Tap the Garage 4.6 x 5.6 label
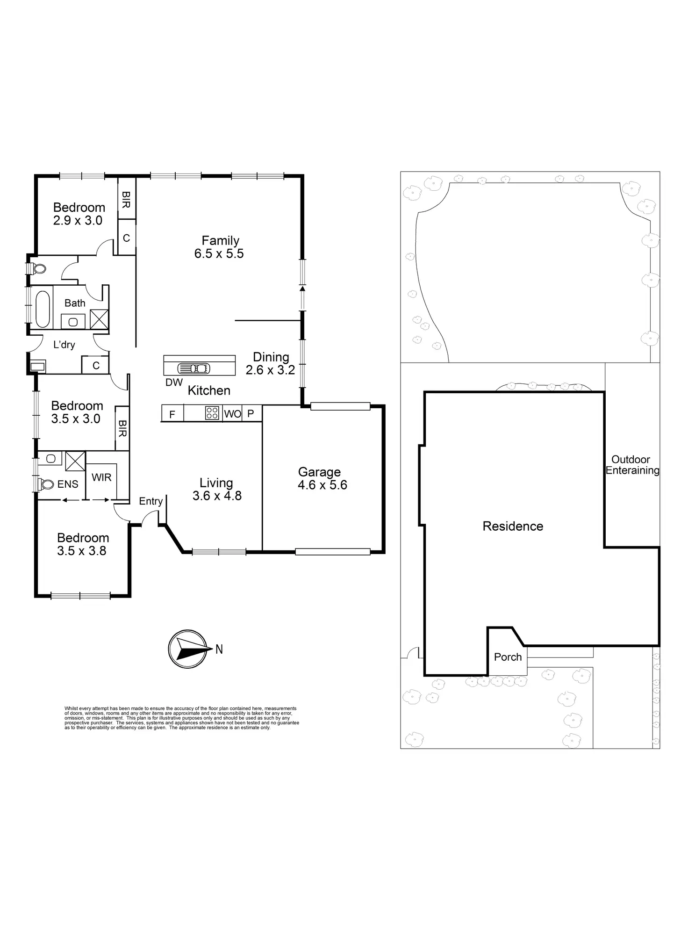(x=322, y=478)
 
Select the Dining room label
(x=271, y=363)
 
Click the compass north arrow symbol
(x=187, y=649)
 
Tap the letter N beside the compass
(x=219, y=649)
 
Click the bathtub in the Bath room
(x=43, y=309)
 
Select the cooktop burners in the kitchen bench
(x=212, y=413)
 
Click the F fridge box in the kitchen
(x=172, y=414)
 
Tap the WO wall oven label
(x=233, y=414)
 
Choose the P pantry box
(x=251, y=413)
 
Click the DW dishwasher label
(x=174, y=382)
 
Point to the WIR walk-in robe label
(x=101, y=477)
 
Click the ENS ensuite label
(x=68, y=484)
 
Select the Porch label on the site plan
(x=508, y=657)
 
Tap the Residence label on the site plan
(x=513, y=527)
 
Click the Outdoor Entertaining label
(x=632, y=465)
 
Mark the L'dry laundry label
(x=64, y=345)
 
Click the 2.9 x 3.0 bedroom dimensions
(x=78, y=220)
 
